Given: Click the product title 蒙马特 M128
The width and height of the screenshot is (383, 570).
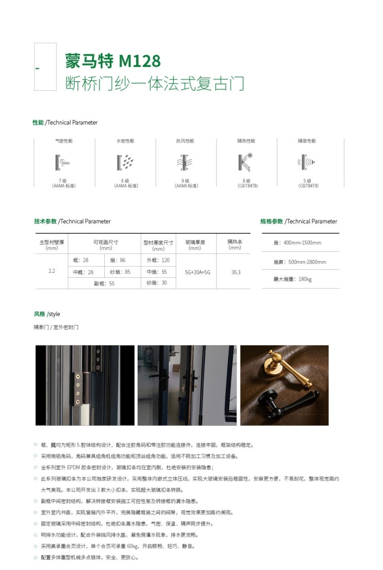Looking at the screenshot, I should click(113, 61).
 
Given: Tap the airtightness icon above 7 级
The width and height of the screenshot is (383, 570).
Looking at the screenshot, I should click(63, 162).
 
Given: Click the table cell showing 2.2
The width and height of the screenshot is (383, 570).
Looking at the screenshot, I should click(52, 272).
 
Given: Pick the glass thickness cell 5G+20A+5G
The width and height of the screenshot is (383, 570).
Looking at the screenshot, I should click(197, 272).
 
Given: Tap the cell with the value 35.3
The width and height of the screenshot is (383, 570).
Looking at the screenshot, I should click(235, 272).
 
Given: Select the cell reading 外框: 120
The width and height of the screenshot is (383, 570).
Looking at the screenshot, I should click(158, 260).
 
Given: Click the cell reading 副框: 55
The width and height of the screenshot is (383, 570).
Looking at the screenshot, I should click(105, 283).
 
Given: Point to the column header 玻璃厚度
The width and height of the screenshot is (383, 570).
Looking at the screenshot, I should click(195, 242).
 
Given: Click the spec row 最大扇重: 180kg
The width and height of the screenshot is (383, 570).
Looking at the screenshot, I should click(292, 279).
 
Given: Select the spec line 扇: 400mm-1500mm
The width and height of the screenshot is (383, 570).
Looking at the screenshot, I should click(297, 243).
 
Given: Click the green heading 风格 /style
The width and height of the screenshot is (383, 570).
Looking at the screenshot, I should click(47, 314).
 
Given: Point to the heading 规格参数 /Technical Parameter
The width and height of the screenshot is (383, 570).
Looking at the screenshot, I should click(298, 221).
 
